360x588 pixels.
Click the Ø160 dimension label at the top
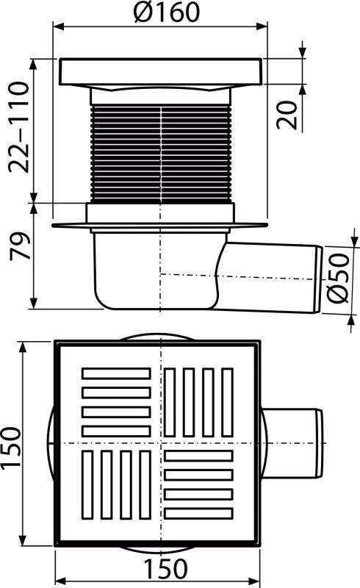167,12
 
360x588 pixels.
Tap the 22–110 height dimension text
19,127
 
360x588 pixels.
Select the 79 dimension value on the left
21,246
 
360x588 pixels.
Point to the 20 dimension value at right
287,115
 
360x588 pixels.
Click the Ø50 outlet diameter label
337,278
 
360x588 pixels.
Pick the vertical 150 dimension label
11,448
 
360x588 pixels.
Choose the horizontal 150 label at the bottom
165,568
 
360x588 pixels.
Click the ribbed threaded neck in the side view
160,154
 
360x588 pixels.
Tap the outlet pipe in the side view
273,279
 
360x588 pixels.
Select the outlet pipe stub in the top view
292,443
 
